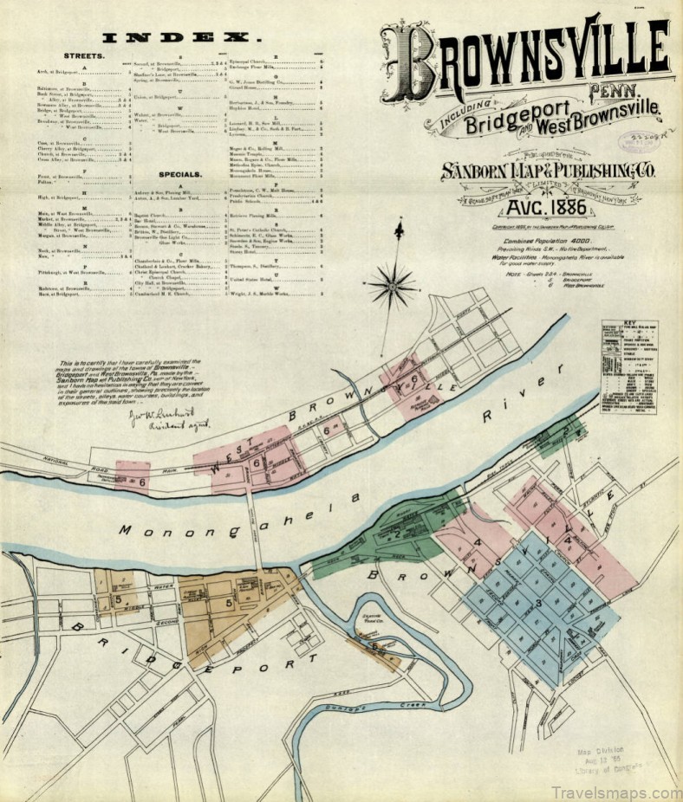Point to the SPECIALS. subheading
180,173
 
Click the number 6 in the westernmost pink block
141,479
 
